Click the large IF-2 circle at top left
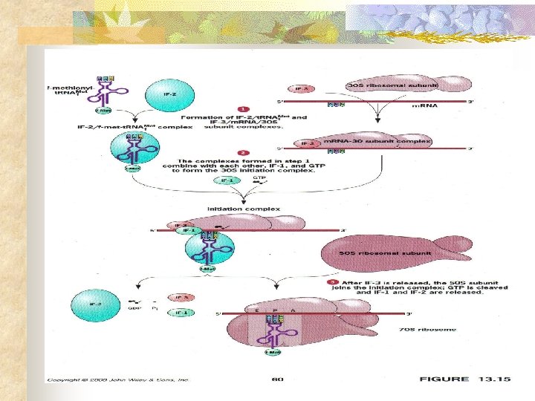point(171,94)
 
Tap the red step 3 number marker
point(334,282)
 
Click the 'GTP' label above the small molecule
point(260,178)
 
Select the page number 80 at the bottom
point(278,379)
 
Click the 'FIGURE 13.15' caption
point(464,379)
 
